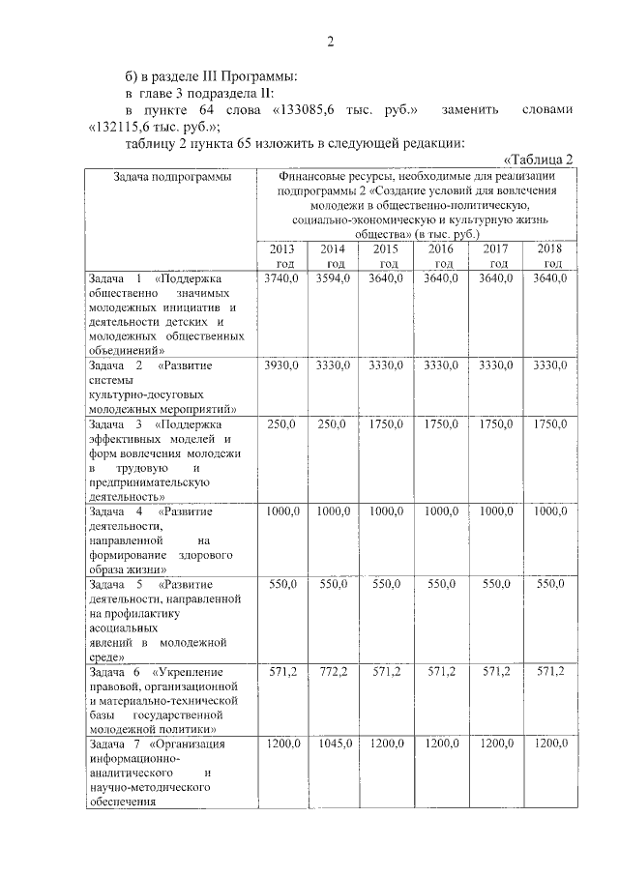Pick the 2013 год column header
click(281, 256)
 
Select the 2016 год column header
click(444, 256)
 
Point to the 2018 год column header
click(549, 256)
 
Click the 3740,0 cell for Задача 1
click(281, 278)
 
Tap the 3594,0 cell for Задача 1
click(335, 278)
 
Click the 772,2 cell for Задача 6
click(335, 672)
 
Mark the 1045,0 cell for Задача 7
click(335, 744)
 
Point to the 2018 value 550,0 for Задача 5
click(549, 586)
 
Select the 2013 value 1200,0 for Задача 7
click(281, 744)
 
